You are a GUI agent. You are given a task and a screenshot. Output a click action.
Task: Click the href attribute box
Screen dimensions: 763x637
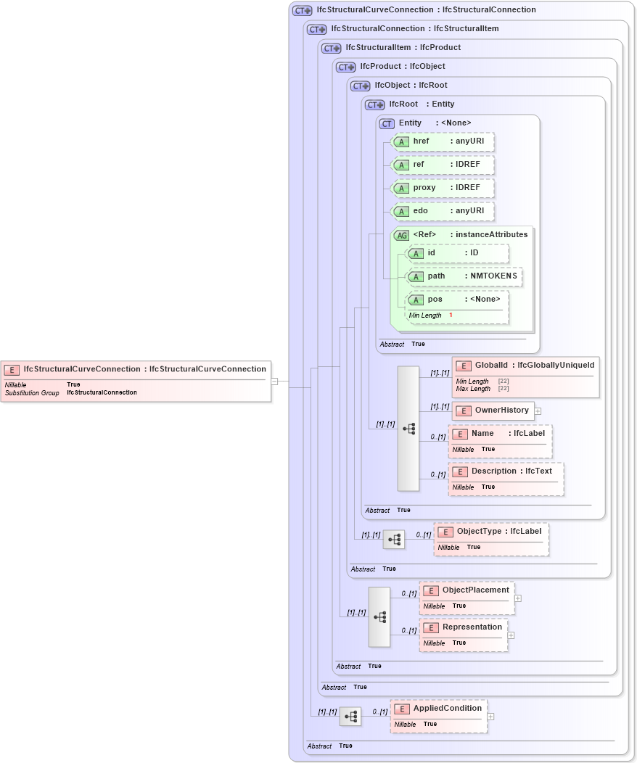pos(443,141)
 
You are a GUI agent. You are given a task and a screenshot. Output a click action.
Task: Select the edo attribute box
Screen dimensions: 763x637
pos(443,211)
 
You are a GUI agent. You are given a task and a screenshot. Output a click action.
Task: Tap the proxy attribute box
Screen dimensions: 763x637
pos(443,188)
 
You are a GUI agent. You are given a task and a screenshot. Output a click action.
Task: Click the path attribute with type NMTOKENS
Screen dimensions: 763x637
pos(464,276)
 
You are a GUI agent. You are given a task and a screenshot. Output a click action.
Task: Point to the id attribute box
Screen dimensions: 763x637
pos(457,253)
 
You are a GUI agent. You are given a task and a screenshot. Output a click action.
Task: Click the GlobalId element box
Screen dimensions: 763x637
pos(525,376)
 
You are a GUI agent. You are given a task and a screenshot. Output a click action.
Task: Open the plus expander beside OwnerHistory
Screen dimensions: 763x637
pos(538,411)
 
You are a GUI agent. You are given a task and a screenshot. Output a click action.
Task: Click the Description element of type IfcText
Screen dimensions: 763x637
pos(505,479)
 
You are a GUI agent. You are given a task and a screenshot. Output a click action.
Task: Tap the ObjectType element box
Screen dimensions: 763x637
pos(491,539)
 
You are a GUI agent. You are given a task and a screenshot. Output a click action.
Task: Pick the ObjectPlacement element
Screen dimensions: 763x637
pos(467,598)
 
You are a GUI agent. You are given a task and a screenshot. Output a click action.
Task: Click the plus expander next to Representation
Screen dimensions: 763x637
pos(511,635)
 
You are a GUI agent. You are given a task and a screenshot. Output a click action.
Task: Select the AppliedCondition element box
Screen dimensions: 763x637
pos(438,716)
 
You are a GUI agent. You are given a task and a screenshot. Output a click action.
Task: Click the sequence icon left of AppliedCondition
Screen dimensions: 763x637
pos(350,717)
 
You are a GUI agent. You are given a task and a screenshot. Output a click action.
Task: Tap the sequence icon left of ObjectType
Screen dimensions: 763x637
pos(394,540)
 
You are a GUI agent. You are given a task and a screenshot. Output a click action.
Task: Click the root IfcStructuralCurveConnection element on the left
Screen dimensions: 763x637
pos(136,380)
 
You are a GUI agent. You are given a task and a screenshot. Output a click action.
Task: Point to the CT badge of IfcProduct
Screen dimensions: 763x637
pos(345,67)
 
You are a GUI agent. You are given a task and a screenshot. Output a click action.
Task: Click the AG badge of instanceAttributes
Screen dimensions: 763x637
pos(401,235)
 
